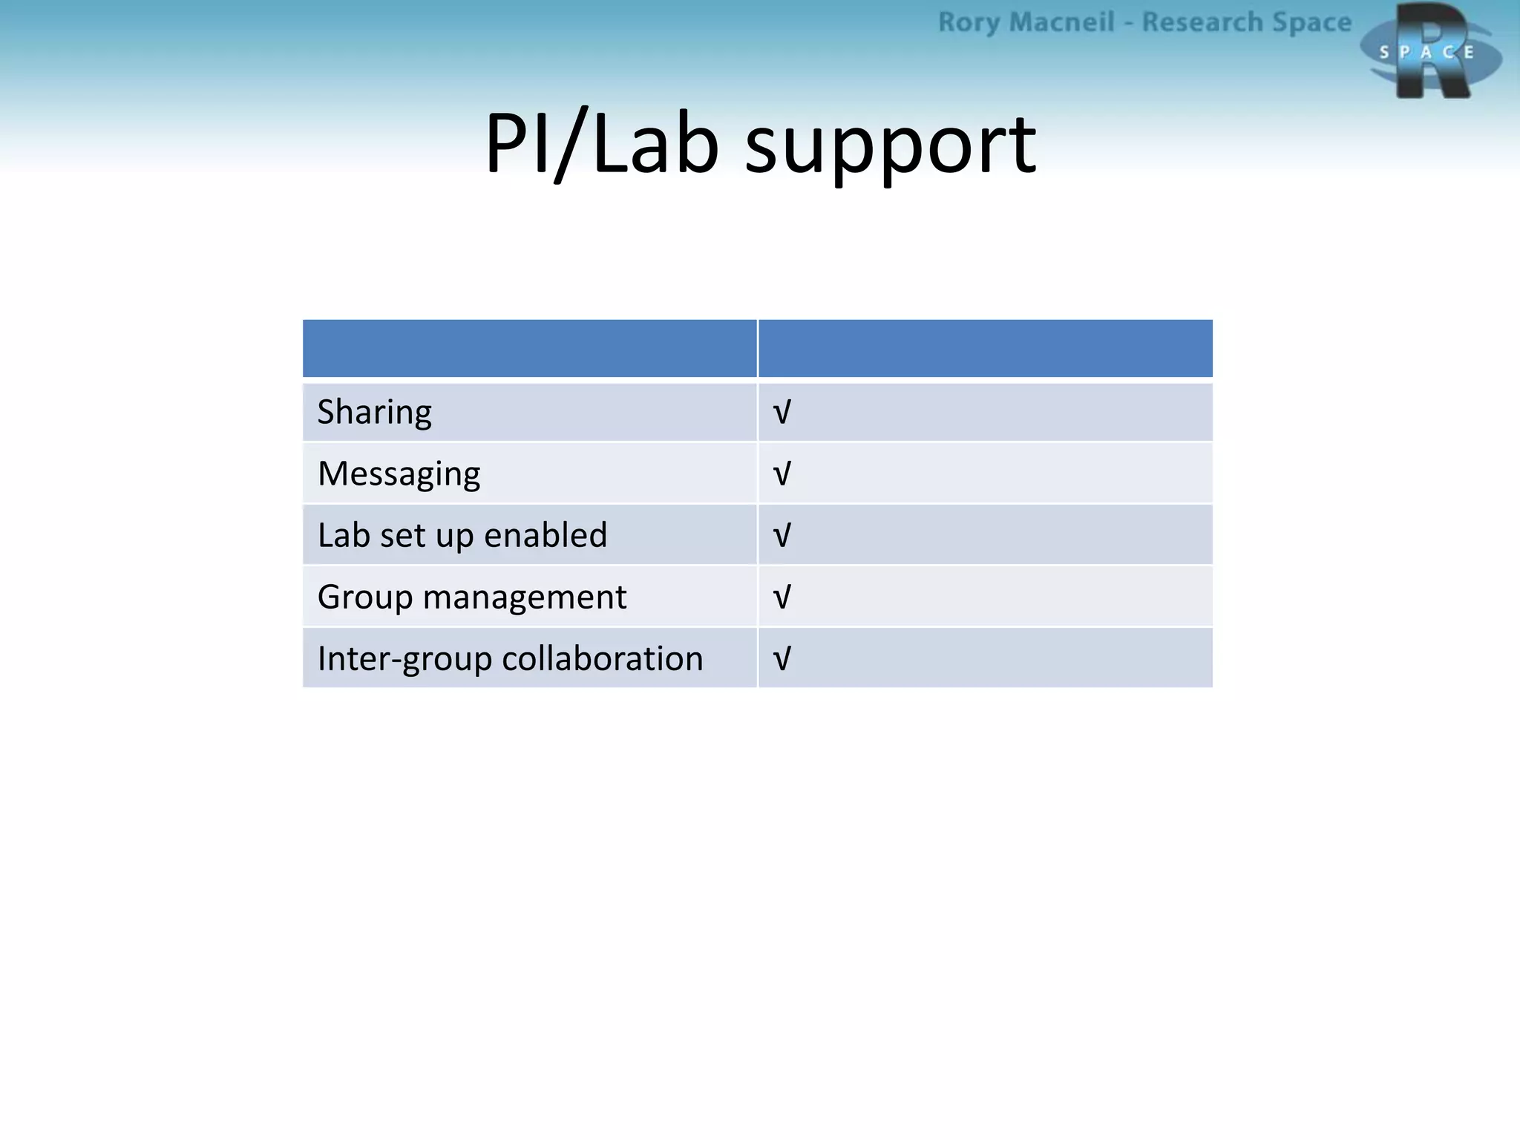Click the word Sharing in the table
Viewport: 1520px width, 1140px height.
click(x=374, y=413)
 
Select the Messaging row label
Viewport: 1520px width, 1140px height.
click(x=399, y=474)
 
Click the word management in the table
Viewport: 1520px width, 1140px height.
click(x=524, y=597)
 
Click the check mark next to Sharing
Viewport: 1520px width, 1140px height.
click(x=782, y=412)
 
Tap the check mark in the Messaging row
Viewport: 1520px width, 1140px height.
click(x=782, y=474)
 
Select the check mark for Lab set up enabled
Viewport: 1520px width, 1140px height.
click(x=782, y=535)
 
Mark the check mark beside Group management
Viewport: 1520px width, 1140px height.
click(x=782, y=597)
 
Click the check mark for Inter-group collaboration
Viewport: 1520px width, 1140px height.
click(x=782, y=658)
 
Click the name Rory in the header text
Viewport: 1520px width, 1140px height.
click(x=969, y=23)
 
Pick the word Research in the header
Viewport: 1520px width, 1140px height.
click(x=1202, y=23)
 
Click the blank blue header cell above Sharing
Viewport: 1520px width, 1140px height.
click(x=529, y=348)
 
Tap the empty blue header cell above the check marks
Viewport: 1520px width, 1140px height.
click(x=986, y=348)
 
